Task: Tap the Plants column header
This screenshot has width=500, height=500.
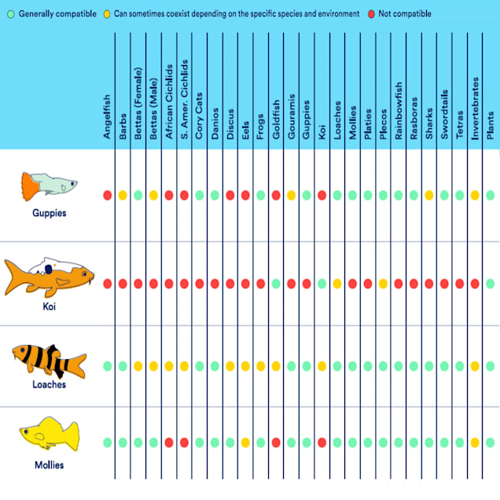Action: coord(491,125)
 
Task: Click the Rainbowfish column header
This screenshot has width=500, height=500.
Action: coord(399,110)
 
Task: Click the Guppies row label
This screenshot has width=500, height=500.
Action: coord(49,213)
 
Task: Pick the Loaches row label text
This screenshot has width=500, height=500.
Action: coord(49,384)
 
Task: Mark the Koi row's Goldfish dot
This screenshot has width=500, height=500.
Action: coord(276,283)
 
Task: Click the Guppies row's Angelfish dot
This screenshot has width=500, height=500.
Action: coord(107,195)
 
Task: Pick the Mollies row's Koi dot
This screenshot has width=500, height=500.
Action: coord(322,443)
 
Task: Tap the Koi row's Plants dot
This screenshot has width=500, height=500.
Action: coord(491,283)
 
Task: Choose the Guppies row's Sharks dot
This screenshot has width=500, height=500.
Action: coord(429,195)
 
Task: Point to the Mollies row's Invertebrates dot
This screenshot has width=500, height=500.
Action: coord(476,443)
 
